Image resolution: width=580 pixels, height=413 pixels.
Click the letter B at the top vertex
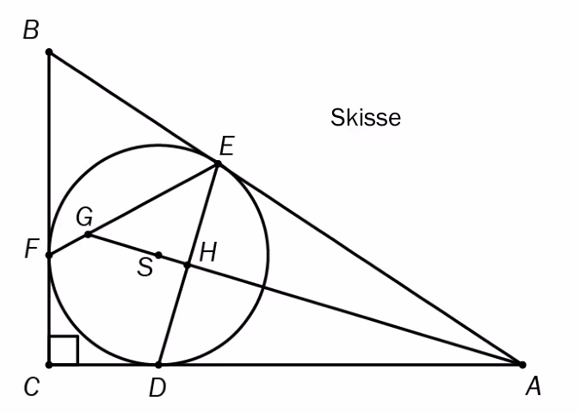(x=31, y=30)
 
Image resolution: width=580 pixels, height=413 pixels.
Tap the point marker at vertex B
(x=49, y=52)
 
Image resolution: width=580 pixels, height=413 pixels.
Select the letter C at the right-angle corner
(x=32, y=387)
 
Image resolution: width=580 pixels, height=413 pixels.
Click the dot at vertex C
(x=49, y=365)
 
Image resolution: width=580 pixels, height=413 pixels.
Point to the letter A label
(x=534, y=387)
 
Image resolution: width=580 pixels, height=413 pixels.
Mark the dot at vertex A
(x=522, y=365)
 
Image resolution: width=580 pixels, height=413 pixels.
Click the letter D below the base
(x=158, y=388)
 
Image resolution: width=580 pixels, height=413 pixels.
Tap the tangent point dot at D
(x=158, y=365)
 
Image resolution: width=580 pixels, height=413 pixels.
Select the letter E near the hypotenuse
(x=227, y=146)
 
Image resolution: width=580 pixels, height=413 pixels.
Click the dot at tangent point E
(x=219, y=163)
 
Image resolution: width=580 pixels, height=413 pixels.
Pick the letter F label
(x=32, y=249)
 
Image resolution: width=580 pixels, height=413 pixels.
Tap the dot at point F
(x=49, y=256)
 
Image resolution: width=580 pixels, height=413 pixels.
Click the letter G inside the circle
(x=84, y=217)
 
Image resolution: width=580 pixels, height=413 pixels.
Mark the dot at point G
(x=88, y=234)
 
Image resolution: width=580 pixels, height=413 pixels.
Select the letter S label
(x=145, y=267)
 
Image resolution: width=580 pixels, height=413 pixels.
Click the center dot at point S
(x=158, y=255)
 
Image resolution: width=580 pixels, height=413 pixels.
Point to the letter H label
(x=208, y=253)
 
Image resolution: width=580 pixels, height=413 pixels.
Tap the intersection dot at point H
(x=188, y=265)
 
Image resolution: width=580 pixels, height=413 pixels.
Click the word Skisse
(x=366, y=118)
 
